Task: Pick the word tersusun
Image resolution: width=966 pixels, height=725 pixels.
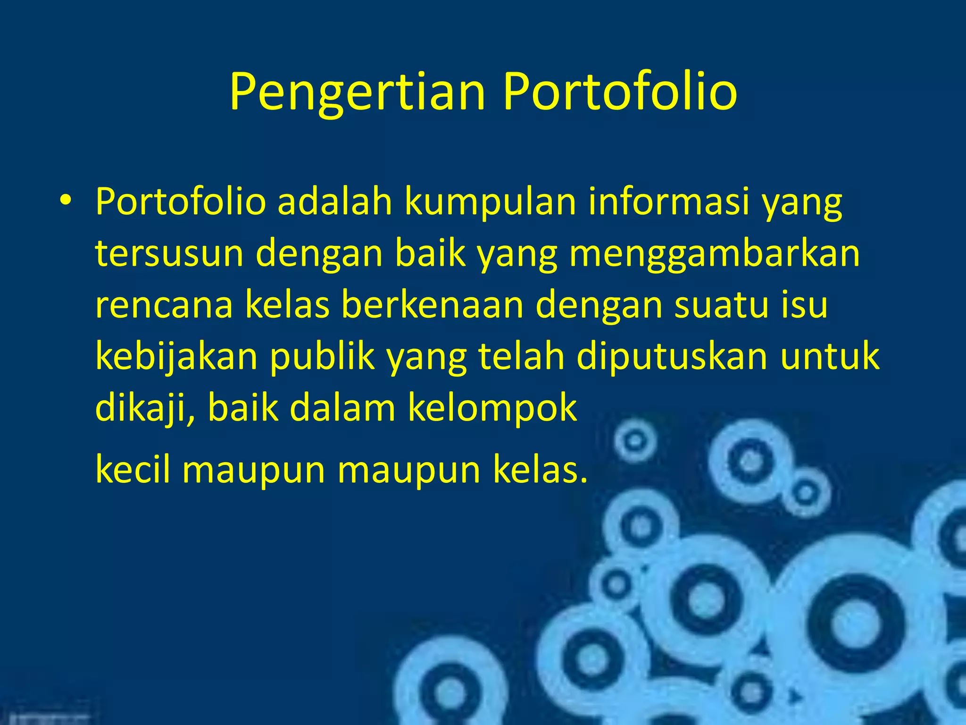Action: click(169, 253)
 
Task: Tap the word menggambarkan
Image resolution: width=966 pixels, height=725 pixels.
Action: click(714, 253)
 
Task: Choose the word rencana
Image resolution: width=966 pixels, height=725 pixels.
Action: click(164, 305)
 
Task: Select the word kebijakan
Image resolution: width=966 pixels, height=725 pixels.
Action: click(176, 357)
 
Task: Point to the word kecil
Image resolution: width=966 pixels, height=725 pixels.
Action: click(133, 470)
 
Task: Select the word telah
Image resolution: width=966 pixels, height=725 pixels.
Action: click(521, 357)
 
